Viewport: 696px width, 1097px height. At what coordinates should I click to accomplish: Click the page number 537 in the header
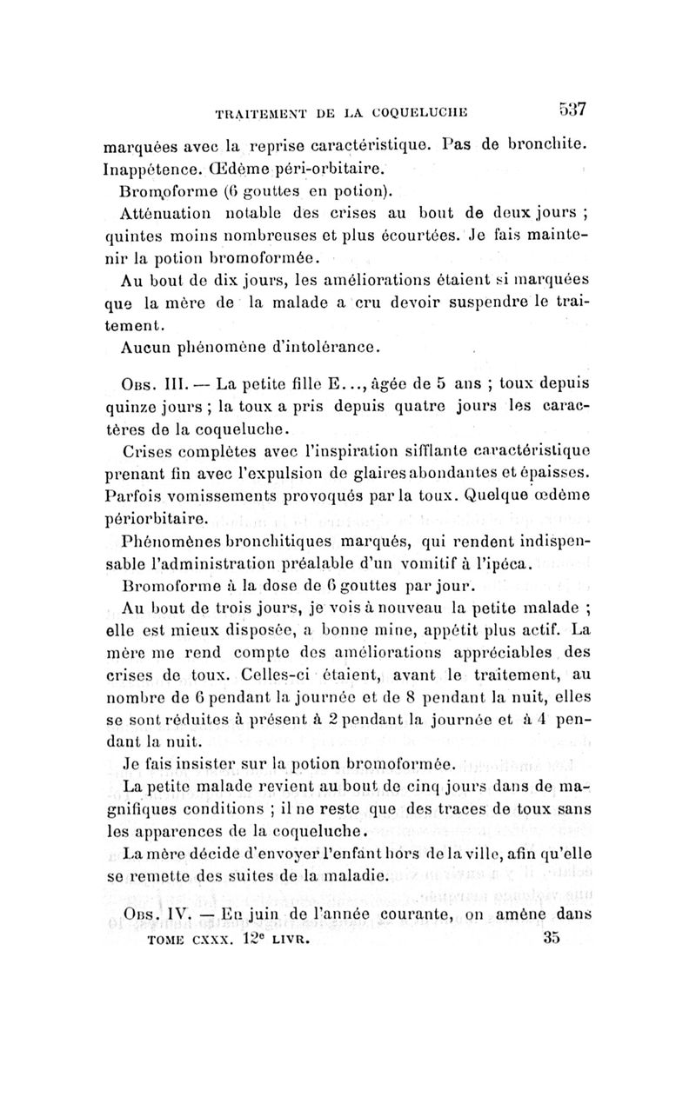click(x=572, y=110)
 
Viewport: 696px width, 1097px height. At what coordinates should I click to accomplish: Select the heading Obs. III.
click(x=153, y=383)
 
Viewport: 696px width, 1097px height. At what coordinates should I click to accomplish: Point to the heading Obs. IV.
click(x=153, y=915)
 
